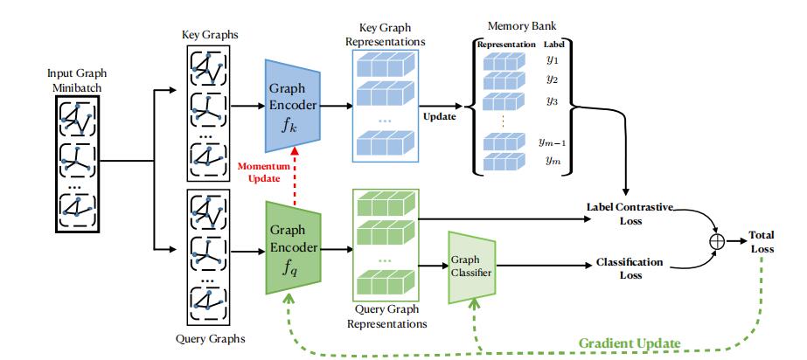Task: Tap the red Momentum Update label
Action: pos(265,172)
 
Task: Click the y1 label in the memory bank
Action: pos(552,59)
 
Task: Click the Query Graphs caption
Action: pos(210,339)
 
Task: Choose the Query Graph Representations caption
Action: pos(386,316)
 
